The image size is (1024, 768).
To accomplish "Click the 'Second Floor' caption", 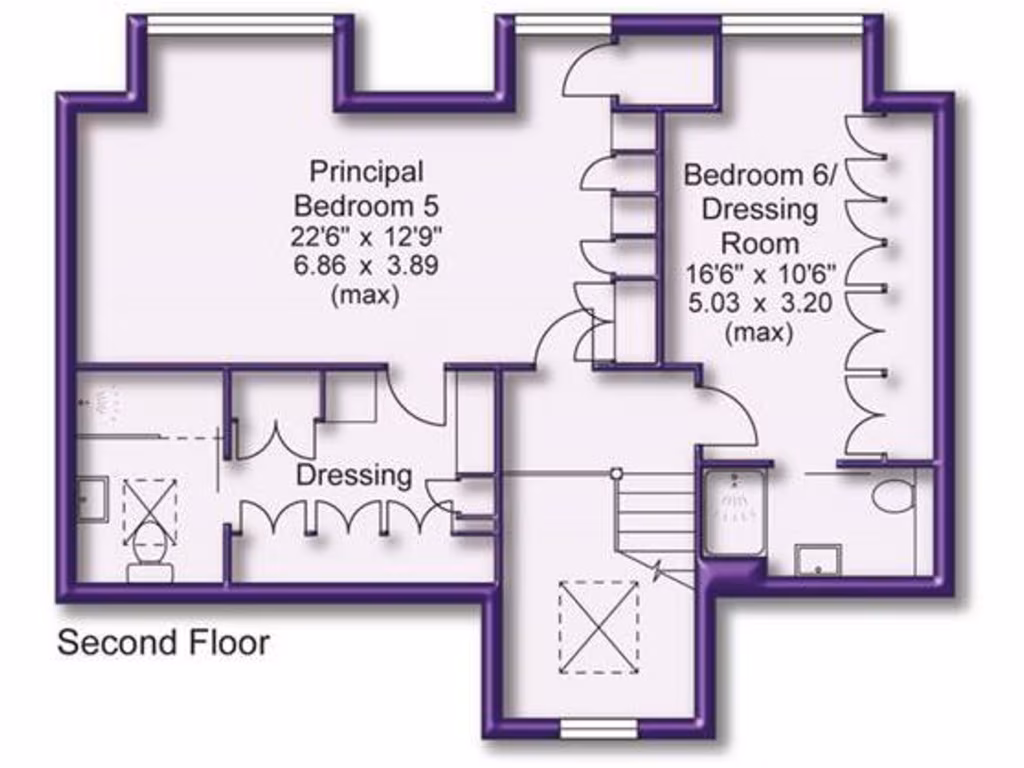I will coord(163,642).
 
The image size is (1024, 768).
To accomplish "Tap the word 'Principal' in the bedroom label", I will coord(366,171).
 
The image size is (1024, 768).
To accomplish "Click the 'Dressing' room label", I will coord(354,475).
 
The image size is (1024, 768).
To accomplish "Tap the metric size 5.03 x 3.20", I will coord(761,303).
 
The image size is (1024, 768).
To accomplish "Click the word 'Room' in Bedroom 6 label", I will coord(761,243).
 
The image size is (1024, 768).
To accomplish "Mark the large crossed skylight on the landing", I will coord(598,626).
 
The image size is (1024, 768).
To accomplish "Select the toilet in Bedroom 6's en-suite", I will coord(893,495).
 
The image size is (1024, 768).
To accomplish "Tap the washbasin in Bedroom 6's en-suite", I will coord(818,560).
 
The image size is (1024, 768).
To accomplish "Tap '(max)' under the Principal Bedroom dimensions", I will coord(366,295).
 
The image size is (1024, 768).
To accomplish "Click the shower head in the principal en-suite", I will coord(105,404).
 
